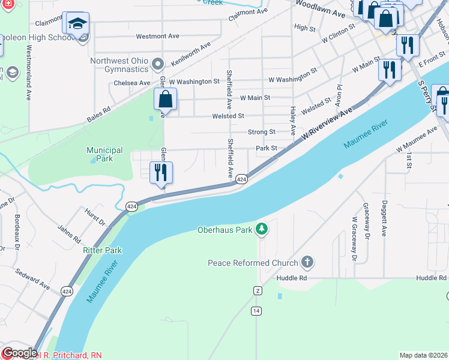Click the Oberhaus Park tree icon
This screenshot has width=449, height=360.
261,229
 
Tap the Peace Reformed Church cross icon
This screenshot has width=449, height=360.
307,262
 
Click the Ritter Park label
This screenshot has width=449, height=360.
102,250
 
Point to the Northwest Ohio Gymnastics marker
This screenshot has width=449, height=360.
158,63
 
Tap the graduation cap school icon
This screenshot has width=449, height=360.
77,23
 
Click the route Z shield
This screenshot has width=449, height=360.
258,290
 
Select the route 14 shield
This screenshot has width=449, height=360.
256,310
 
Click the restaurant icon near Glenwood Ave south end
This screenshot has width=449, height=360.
161,173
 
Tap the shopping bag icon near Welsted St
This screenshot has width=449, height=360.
166,99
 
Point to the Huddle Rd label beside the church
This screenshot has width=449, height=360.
292,278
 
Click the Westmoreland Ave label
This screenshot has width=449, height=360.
28,71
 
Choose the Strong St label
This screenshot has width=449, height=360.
262,132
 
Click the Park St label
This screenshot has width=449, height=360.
266,148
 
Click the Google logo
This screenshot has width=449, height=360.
19,353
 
